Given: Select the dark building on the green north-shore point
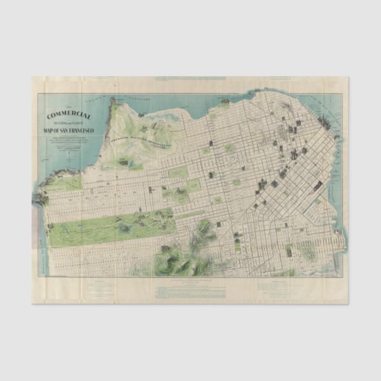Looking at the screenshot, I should click(225, 103).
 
